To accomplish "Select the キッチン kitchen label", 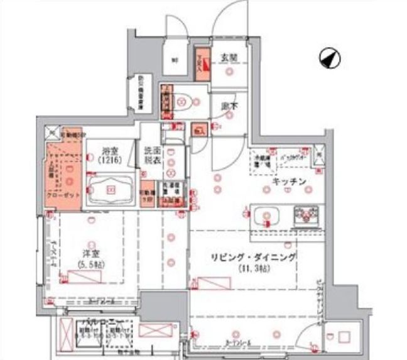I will click(x=288, y=182).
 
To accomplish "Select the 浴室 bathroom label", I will click(x=112, y=151).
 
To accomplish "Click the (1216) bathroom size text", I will click(x=112, y=160).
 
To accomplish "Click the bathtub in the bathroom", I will click(x=111, y=190).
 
